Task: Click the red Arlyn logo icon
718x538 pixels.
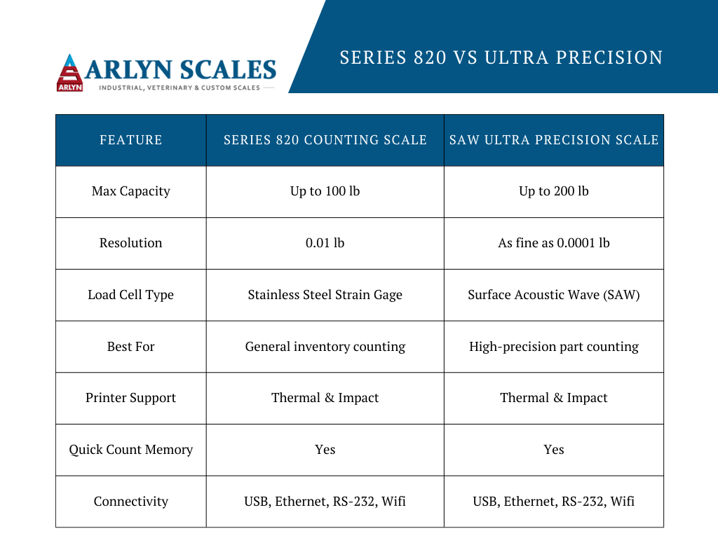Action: pos(69,73)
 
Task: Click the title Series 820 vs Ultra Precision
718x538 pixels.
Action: pos(501,57)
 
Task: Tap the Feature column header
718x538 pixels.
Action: pos(131,139)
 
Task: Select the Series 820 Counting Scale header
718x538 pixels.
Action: pos(325,139)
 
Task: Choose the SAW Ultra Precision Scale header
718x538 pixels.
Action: pos(554,139)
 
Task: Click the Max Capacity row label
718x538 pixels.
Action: pos(131,191)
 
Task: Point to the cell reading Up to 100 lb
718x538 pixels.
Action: pos(325,191)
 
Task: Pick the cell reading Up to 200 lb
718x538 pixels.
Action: pos(554,191)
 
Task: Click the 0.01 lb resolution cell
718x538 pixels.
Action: pos(325,242)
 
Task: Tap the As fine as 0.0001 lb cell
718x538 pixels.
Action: pos(554,242)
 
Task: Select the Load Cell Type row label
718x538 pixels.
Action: pos(131,295)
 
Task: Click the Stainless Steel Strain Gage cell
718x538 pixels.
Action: pos(325,295)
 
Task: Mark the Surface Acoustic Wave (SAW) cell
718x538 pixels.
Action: pos(554,295)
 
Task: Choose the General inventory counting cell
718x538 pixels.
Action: pos(325,346)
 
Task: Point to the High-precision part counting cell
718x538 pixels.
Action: pos(554,346)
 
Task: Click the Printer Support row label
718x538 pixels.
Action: pos(131,398)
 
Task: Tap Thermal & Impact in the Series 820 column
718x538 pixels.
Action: pos(325,398)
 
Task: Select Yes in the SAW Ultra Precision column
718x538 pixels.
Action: pos(554,450)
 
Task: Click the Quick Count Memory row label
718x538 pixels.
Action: pos(131,450)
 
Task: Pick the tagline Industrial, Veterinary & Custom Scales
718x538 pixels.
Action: pos(179,88)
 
